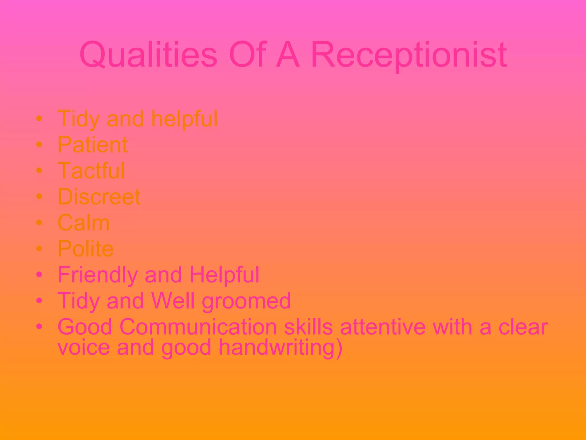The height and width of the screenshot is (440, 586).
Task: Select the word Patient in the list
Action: click(x=93, y=145)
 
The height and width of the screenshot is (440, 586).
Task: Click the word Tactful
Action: click(x=91, y=171)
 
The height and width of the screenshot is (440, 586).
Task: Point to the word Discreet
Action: click(x=99, y=197)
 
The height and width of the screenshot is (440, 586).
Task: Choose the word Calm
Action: click(x=84, y=223)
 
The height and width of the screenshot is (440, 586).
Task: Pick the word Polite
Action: click(x=86, y=249)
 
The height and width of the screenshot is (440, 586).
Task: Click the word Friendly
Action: click(x=97, y=275)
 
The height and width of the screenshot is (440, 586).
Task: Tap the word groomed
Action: click(x=246, y=301)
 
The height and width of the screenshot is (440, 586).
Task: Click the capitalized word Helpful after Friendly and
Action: click(x=224, y=275)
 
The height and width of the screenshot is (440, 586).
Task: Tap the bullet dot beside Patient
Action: click(x=39, y=145)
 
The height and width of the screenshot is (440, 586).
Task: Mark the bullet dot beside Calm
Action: click(x=39, y=223)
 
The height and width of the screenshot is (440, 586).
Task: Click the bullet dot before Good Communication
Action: click(x=39, y=326)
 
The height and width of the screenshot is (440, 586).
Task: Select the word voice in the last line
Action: click(x=84, y=347)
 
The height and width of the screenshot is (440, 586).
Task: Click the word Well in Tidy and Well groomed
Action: click(x=173, y=301)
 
